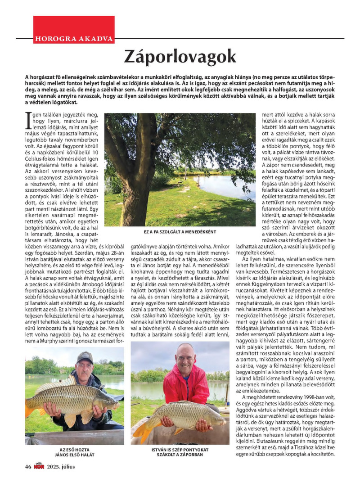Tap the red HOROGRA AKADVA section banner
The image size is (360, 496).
pyautogui.click(x=73, y=38)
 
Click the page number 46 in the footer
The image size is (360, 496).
pyautogui.click(x=28, y=466)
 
